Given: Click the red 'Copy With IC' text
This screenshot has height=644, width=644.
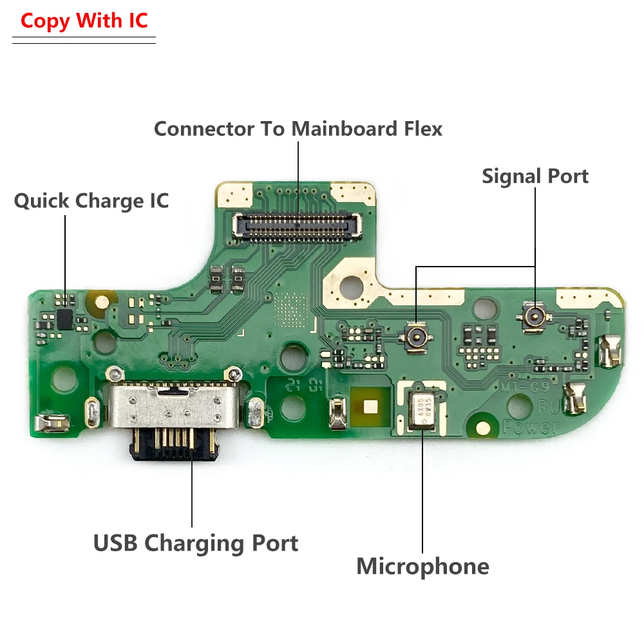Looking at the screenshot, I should [x=84, y=21].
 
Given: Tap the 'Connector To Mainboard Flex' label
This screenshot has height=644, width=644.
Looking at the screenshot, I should [x=298, y=129].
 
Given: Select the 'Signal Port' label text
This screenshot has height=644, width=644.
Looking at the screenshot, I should [x=535, y=176].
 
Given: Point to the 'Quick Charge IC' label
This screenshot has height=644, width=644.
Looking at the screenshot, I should [x=91, y=201].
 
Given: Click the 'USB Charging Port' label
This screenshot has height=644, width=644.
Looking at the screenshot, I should [x=196, y=543].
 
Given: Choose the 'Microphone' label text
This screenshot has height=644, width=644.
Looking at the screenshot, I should [x=422, y=567].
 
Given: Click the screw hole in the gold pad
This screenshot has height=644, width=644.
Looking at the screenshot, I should [x=352, y=282].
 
